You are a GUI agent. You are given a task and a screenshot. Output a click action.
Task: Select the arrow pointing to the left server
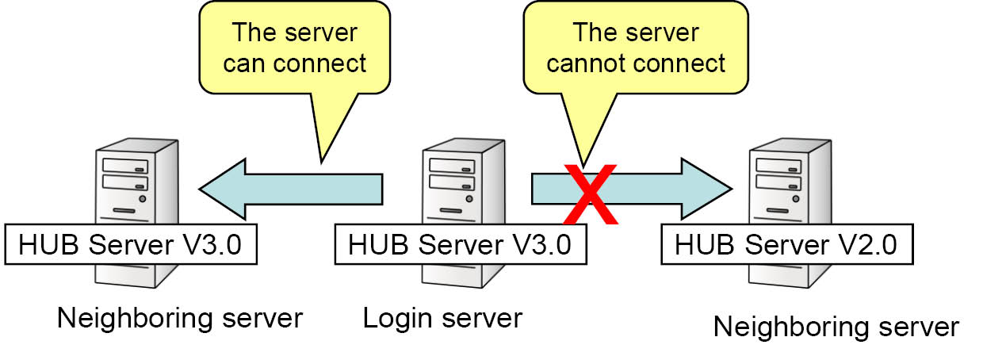tap(293, 189)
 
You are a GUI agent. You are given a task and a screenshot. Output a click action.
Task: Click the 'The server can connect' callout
tap(294, 49)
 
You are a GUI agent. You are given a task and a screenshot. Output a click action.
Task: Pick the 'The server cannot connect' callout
tap(636, 49)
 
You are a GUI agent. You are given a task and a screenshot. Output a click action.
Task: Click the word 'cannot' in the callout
tap(589, 63)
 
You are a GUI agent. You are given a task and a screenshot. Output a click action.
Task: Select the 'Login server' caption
tap(442, 319)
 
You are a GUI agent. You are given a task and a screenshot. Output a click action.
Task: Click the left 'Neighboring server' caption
tap(180, 319)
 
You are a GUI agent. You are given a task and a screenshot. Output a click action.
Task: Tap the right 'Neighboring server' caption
tap(836, 327)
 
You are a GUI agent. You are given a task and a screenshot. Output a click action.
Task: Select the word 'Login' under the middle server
tap(393, 319)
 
